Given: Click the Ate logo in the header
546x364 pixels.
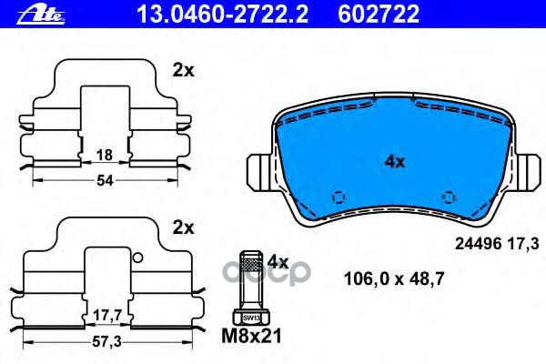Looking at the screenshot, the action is [x=42, y=15].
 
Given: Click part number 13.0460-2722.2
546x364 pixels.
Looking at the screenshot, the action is [x=223, y=15].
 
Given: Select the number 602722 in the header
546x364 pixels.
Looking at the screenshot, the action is [x=379, y=15].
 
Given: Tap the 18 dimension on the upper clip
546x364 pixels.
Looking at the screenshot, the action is [x=105, y=155].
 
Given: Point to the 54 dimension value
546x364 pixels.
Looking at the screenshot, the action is [x=105, y=180].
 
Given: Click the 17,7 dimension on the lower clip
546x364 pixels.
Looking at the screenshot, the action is [x=107, y=316].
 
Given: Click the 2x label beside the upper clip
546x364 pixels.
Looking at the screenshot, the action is [x=183, y=71].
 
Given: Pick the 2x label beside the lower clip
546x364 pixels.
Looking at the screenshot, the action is [x=183, y=227].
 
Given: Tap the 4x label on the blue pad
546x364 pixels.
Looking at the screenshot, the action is [x=395, y=162].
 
